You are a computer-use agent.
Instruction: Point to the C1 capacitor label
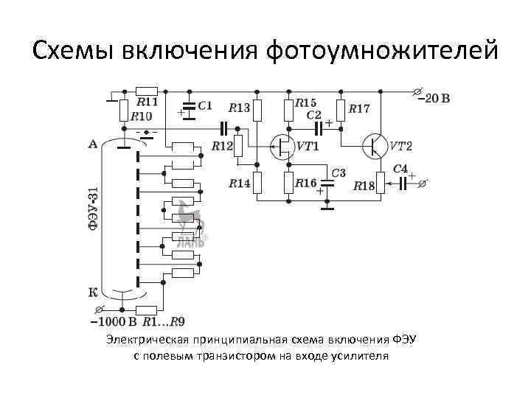point(205,105)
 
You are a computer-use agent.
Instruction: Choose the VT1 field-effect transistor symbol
point(280,147)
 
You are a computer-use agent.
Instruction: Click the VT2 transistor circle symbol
point(375,146)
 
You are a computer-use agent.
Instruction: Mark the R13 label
point(240,108)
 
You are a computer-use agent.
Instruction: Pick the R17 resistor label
point(359,108)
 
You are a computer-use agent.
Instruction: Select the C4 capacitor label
point(400,169)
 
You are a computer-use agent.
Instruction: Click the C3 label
point(338,173)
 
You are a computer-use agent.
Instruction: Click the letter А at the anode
point(92,144)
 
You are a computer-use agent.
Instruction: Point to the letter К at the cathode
point(92,293)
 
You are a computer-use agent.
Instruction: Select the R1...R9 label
point(164,321)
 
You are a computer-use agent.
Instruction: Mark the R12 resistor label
point(222,146)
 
